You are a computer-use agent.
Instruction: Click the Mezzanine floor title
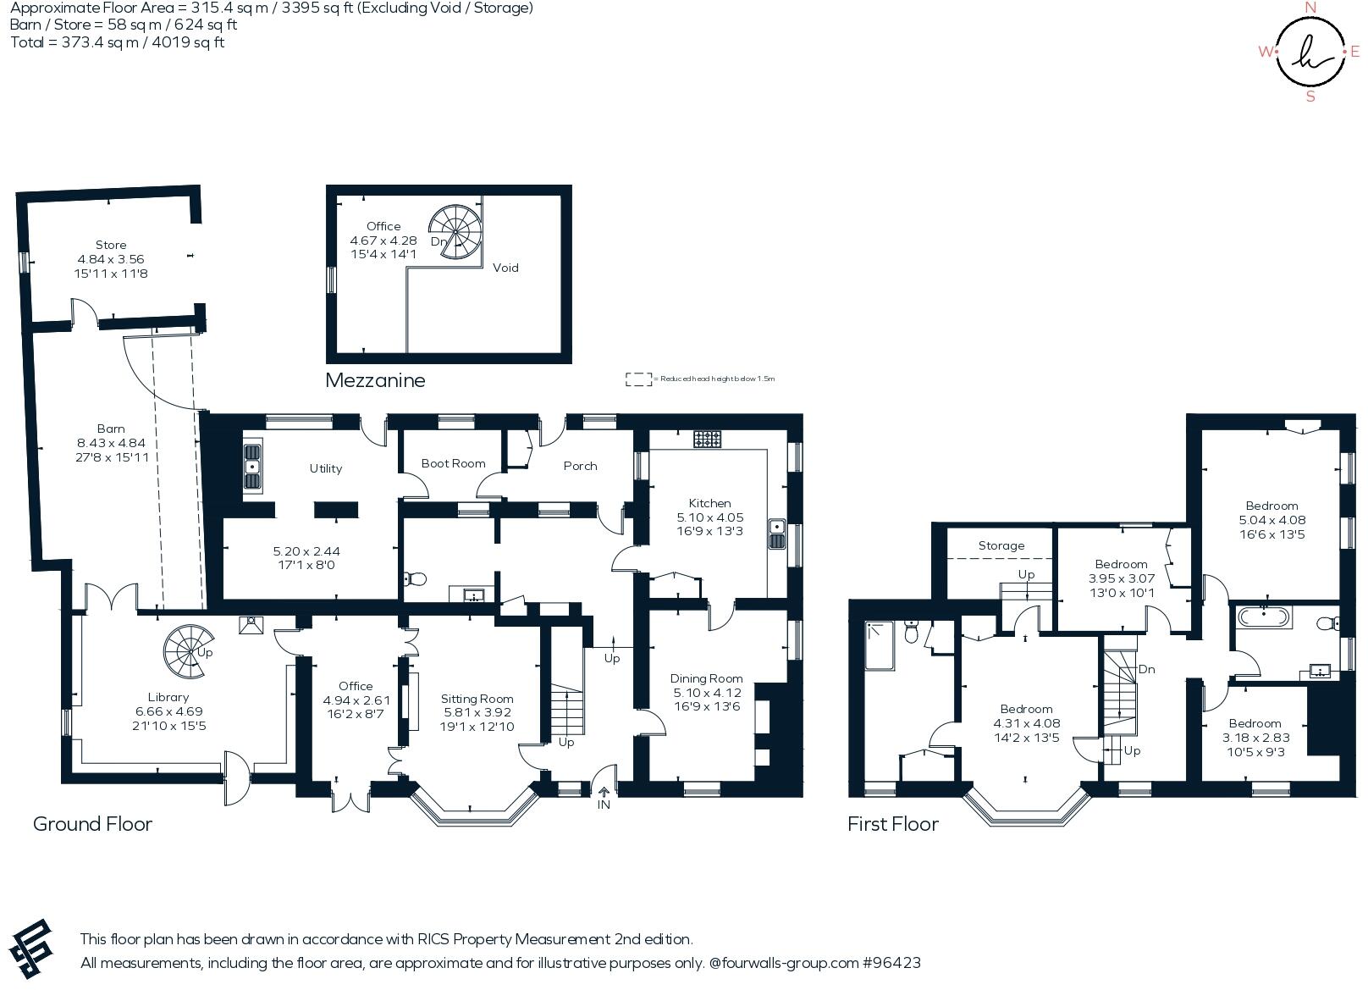(375, 380)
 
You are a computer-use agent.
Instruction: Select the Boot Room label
(453, 463)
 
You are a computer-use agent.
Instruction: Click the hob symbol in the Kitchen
(708, 439)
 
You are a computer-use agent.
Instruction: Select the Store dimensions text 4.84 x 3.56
(111, 259)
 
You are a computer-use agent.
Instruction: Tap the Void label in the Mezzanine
(505, 268)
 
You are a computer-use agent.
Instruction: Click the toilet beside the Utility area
(415, 579)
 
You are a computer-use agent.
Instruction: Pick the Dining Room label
(706, 678)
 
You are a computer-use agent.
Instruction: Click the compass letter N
(1310, 8)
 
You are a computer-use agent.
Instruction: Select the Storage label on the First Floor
(1001, 545)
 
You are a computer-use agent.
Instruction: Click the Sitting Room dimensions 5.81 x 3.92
(477, 713)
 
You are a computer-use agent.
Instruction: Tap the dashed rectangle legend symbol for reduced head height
(637, 379)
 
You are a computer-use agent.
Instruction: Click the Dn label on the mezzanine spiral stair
(439, 241)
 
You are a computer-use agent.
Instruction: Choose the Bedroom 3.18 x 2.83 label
(1255, 723)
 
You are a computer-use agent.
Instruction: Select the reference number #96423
(891, 963)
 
